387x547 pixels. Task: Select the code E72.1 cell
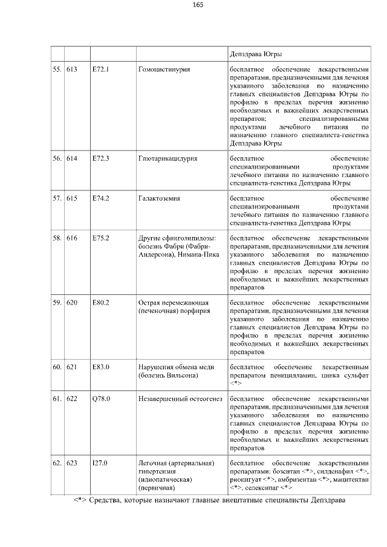coord(100,70)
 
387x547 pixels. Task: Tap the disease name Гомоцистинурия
coord(164,70)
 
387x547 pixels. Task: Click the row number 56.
coord(57,158)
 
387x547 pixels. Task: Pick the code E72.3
coord(100,158)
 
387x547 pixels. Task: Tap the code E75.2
coord(100,238)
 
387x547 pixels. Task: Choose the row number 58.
coord(57,238)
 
